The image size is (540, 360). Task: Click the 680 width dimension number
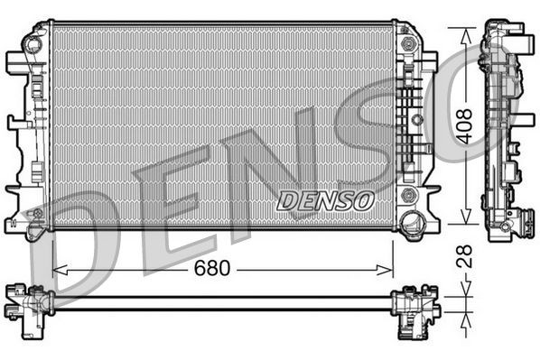tap(213, 269)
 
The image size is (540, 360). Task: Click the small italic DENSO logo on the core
tap(324, 200)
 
